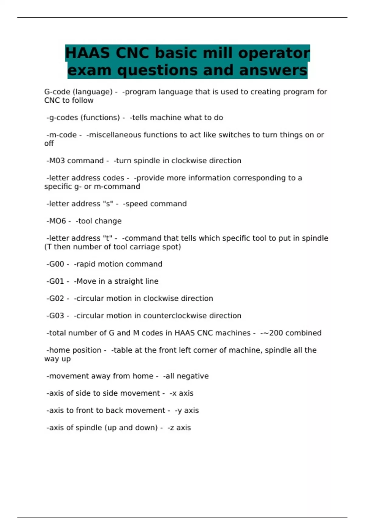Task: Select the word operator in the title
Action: [274, 53]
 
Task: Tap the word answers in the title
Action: [273, 70]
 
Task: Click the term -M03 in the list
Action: [56, 161]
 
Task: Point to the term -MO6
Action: [56, 221]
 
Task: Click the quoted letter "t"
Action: [109, 238]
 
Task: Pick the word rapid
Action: [85, 264]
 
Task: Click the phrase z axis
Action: [180, 428]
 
